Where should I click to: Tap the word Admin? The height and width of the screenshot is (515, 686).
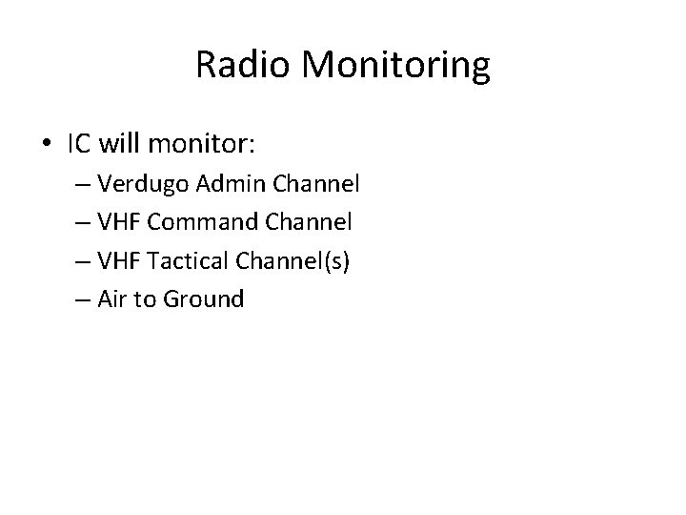pyautogui.click(x=230, y=183)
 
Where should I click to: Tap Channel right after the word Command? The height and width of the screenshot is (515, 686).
pyautogui.click(x=308, y=222)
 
